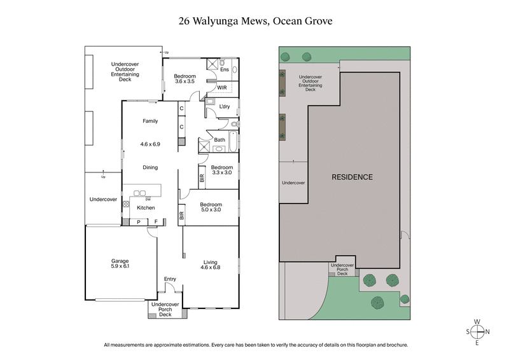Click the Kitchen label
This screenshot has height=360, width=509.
coord(146,207)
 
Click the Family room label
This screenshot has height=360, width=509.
coord(150,121)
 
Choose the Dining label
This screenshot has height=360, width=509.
coord(150,167)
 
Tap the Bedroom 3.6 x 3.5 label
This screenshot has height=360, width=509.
coord(185,79)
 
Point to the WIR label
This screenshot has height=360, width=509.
coord(222,87)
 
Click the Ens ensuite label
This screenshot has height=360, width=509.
coord(224,69)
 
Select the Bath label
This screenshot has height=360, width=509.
coord(220,140)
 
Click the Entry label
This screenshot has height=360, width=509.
coord(170,279)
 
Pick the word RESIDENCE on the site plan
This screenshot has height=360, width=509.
coord(352,177)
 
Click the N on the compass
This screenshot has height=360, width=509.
coord(487,331)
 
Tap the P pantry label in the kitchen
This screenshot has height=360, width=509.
coord(139,221)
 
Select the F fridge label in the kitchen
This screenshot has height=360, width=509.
coord(156,221)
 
